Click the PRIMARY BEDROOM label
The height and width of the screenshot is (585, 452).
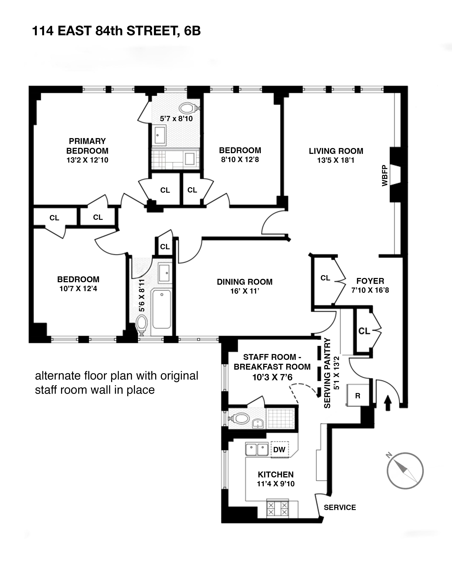[87, 146]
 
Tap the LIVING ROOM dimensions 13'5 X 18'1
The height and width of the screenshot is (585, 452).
[336, 160]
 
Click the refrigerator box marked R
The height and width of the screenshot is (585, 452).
[358, 396]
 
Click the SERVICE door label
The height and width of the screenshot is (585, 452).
[340, 507]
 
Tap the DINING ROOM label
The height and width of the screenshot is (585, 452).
[244, 282]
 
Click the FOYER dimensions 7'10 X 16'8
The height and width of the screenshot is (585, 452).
[370, 290]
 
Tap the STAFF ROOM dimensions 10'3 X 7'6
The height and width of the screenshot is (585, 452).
[272, 377]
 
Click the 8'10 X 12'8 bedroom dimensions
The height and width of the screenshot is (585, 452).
[240, 160]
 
